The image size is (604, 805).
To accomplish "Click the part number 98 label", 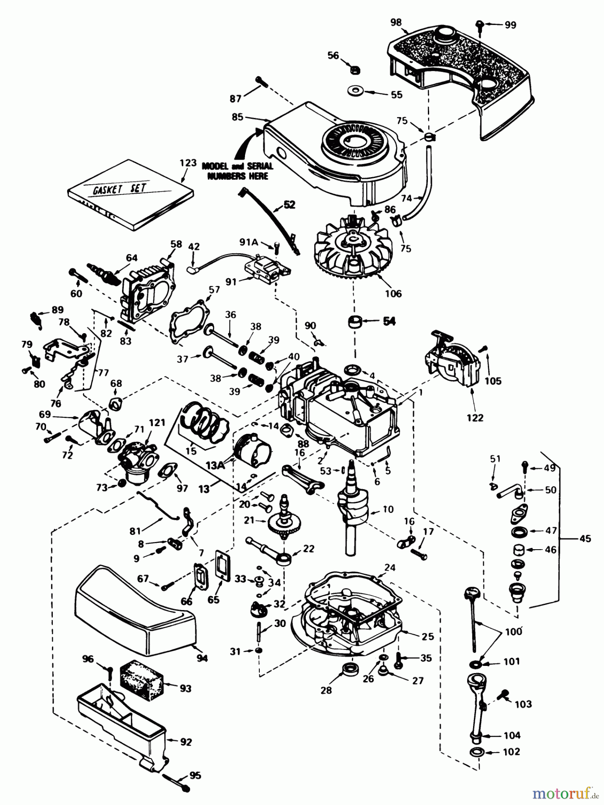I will click(396, 22).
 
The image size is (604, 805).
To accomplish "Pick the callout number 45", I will click(585, 539).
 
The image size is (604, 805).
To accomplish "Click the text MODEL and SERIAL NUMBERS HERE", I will click(237, 171).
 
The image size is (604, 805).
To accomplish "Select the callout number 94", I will click(202, 658).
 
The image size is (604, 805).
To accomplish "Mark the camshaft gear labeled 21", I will click(285, 521).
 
